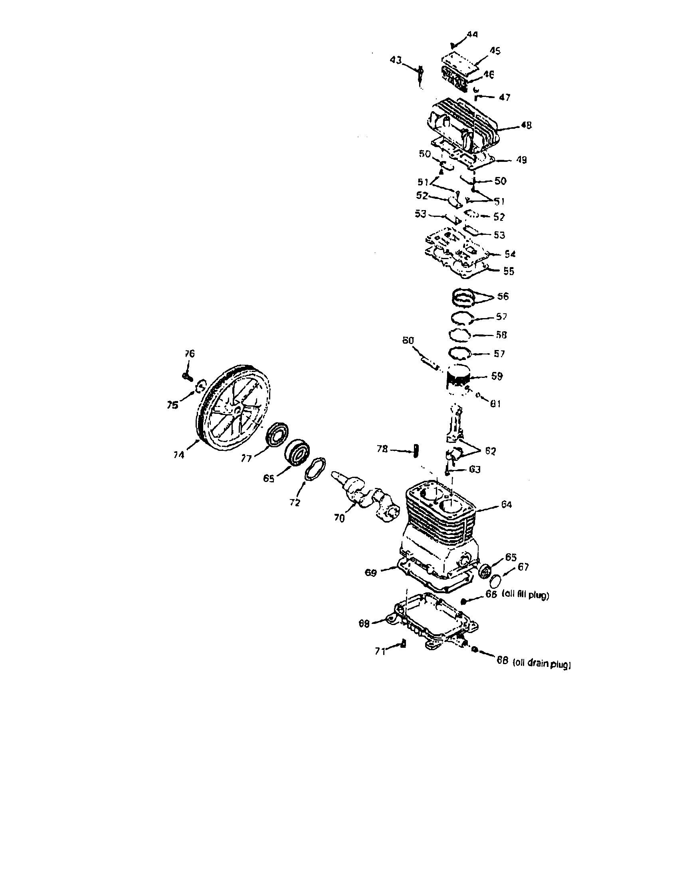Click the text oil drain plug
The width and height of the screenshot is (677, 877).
[542, 665]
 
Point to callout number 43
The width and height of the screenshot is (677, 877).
[396, 60]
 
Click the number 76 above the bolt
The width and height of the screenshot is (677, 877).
[189, 353]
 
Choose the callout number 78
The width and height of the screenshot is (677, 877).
[382, 449]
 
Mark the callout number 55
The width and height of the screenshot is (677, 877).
[509, 271]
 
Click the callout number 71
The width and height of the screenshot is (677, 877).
[380, 651]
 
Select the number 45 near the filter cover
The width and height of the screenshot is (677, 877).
[495, 51]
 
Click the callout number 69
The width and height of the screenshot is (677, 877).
[370, 572]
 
